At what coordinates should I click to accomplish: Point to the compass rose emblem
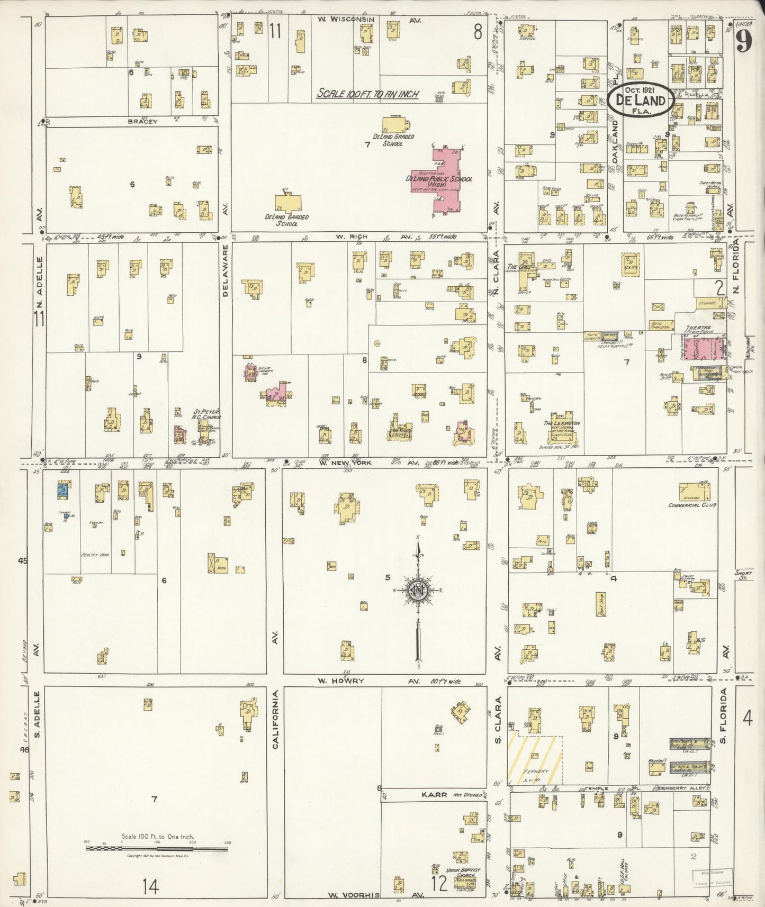[419, 590]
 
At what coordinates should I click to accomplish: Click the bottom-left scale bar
[157, 848]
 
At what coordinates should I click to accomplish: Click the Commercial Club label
[691, 505]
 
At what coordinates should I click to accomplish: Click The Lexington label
[562, 423]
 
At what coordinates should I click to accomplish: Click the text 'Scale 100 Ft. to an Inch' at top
[367, 94]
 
